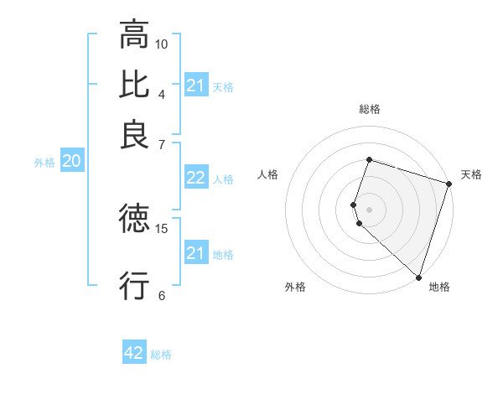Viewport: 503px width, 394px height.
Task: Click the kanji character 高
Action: (x=133, y=34)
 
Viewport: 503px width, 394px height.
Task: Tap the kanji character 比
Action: (x=133, y=85)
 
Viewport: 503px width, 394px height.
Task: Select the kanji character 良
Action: (x=133, y=135)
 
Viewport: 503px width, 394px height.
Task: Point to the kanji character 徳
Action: (x=133, y=220)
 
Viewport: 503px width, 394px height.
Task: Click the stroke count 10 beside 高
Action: (x=162, y=43)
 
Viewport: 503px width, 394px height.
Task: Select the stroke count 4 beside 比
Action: (x=162, y=93)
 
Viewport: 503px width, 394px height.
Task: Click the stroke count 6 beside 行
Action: (x=162, y=295)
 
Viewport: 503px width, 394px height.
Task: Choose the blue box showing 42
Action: (x=134, y=353)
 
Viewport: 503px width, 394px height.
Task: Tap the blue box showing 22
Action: (x=195, y=178)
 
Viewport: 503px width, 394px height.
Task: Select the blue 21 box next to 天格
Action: (x=195, y=86)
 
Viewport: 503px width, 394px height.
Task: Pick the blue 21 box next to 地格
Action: (x=195, y=253)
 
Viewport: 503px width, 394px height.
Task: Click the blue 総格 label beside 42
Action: (x=161, y=355)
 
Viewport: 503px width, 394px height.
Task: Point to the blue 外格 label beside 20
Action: (x=44, y=163)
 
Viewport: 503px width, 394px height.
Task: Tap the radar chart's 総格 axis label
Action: (x=370, y=109)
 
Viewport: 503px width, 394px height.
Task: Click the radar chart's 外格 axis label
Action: (x=295, y=288)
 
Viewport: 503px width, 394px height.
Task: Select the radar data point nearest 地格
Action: (x=418, y=277)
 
